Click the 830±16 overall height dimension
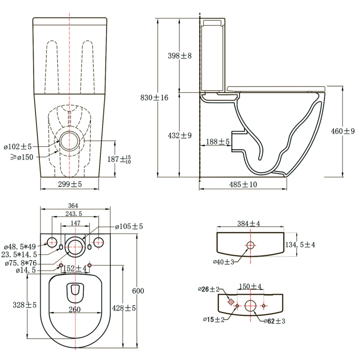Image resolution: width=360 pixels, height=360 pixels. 154,98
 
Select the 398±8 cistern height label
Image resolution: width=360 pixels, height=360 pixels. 180,55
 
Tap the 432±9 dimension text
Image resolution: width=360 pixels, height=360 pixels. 180,135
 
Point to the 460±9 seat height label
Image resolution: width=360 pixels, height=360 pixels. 342,131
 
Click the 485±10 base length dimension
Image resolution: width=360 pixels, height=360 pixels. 243,184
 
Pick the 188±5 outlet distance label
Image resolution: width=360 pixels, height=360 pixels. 217,142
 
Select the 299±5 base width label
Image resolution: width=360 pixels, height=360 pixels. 70,184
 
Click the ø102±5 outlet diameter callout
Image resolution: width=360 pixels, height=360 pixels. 18,147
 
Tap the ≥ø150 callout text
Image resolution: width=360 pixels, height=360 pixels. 22,157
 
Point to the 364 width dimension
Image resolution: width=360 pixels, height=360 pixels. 73,206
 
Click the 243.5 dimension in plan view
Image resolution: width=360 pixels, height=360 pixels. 74,214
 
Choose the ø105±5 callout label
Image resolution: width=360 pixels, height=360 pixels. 129,227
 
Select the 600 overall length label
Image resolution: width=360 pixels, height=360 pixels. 138,291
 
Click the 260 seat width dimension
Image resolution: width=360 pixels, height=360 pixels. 75,310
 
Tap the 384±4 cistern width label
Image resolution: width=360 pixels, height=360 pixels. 249,223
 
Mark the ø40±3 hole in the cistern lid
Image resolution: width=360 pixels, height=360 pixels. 250,245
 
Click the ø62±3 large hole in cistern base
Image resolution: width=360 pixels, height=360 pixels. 250,306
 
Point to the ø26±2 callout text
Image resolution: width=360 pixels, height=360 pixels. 208,289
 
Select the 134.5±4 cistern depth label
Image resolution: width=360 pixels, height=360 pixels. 300,245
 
